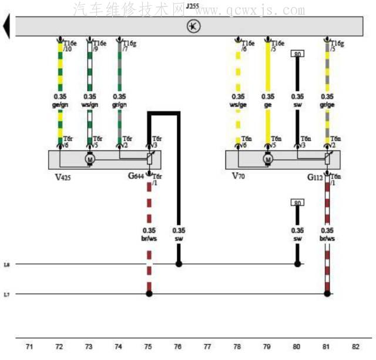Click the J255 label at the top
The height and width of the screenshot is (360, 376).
[x=192, y=6]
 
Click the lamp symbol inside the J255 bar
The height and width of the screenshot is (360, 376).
[x=193, y=26]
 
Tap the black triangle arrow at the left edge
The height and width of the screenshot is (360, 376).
[x=6, y=26]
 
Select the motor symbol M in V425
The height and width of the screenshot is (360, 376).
[x=90, y=158]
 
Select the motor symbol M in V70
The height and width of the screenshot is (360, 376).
[x=268, y=158]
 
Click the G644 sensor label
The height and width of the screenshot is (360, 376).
[x=136, y=176]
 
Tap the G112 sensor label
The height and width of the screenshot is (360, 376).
[x=315, y=176]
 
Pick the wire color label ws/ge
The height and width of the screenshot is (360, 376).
[x=238, y=105]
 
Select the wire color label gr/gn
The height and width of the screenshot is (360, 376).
[x=119, y=105]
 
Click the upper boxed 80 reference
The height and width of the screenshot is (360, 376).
[x=297, y=54]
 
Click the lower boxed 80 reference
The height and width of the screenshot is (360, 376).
[x=297, y=202]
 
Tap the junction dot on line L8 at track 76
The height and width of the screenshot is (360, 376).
[x=179, y=264]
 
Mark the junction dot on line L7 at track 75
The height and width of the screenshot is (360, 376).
[x=149, y=294]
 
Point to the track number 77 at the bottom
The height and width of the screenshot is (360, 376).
[x=207, y=348]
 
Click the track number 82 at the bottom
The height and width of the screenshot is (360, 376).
[x=355, y=348]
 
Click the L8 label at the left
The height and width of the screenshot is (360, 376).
[x=6, y=265]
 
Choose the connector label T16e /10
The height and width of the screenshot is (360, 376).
[x=70, y=46]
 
